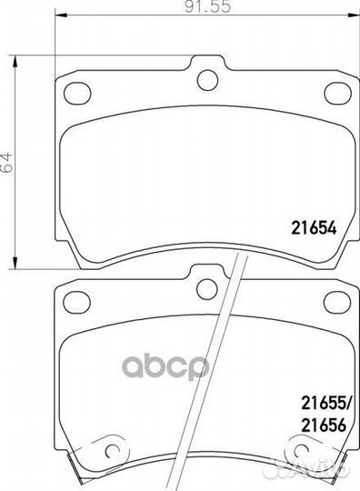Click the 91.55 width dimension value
207,6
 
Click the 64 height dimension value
7,162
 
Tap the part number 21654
314,228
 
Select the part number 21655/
326,403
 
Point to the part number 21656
324,425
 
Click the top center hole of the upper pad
207,80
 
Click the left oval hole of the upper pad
77,93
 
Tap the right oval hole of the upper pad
338,93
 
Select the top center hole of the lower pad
207,289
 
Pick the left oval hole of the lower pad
76,302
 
